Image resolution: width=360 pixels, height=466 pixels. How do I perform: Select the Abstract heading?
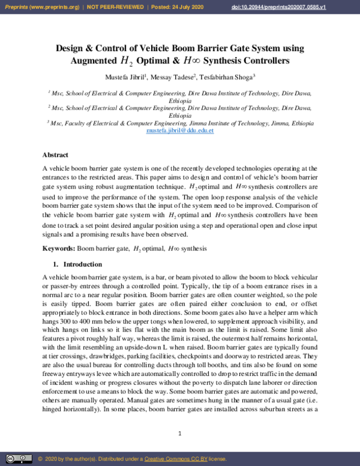[55, 155]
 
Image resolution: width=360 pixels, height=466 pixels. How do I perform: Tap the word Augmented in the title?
[94, 61]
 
